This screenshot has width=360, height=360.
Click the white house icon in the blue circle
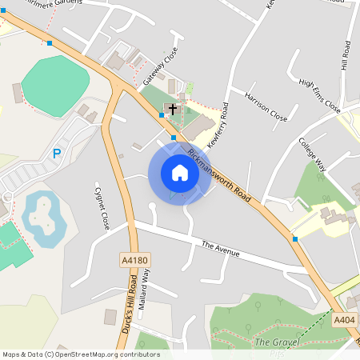179,173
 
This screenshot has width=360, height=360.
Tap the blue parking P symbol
56,153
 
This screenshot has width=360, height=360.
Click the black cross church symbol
172,108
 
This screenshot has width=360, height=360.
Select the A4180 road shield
135,260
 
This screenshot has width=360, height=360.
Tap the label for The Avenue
221,248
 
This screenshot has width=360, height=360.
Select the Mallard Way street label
145,288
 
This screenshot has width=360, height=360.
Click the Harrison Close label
266,111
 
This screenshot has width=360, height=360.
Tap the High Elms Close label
319,95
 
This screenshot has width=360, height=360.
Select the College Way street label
312,154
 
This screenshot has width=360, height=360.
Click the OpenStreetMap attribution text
80,354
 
